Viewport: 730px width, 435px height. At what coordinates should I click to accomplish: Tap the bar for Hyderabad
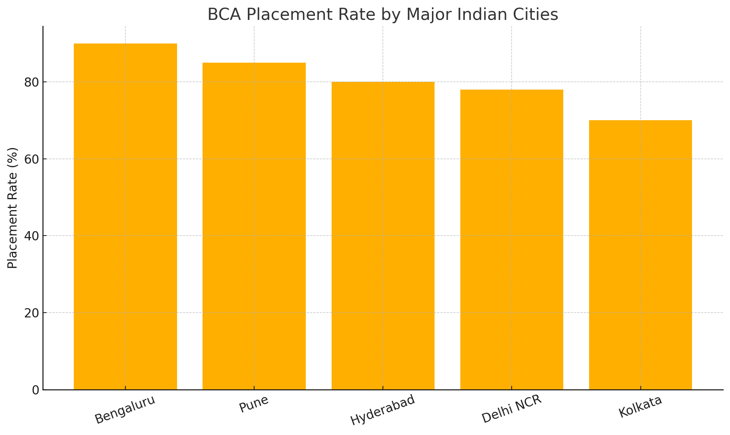point(383,236)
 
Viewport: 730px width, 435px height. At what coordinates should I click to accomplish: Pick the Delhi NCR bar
point(511,240)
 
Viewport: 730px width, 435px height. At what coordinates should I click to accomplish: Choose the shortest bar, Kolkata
point(640,255)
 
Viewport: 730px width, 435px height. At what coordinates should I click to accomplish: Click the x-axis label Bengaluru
point(125,410)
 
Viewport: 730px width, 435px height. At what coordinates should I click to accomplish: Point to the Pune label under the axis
point(254,405)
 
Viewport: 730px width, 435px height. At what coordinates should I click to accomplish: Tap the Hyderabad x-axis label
point(383,410)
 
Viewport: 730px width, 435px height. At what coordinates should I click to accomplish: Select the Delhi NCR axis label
point(511,409)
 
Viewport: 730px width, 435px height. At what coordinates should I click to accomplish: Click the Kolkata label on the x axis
point(640,407)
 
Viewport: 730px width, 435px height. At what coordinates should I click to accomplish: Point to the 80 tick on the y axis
point(32,82)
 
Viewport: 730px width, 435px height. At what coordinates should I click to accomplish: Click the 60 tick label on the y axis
point(32,159)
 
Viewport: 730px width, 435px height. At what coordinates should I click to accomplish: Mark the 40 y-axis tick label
point(32,236)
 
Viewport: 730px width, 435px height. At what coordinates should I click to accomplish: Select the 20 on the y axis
point(32,313)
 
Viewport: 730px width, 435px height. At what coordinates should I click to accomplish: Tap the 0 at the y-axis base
point(36,390)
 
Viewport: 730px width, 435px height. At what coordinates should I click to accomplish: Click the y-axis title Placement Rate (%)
point(13,208)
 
